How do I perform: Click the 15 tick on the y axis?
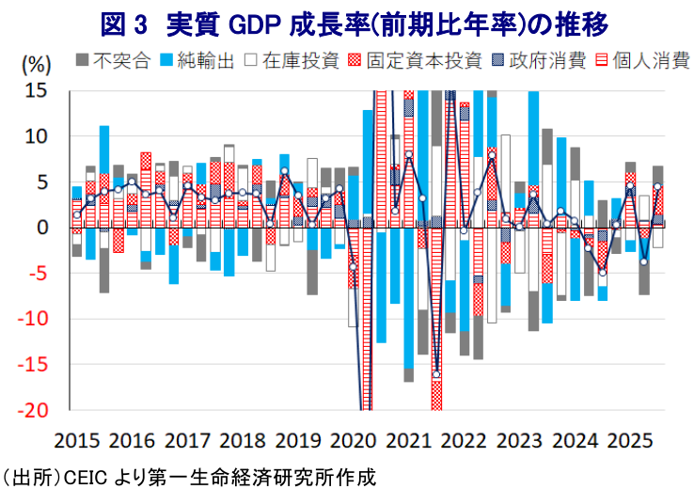[35, 90]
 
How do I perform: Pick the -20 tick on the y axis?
[31, 410]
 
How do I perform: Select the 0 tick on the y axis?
[42, 228]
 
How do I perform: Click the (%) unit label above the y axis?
[35, 65]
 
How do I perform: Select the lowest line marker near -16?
[436, 374]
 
